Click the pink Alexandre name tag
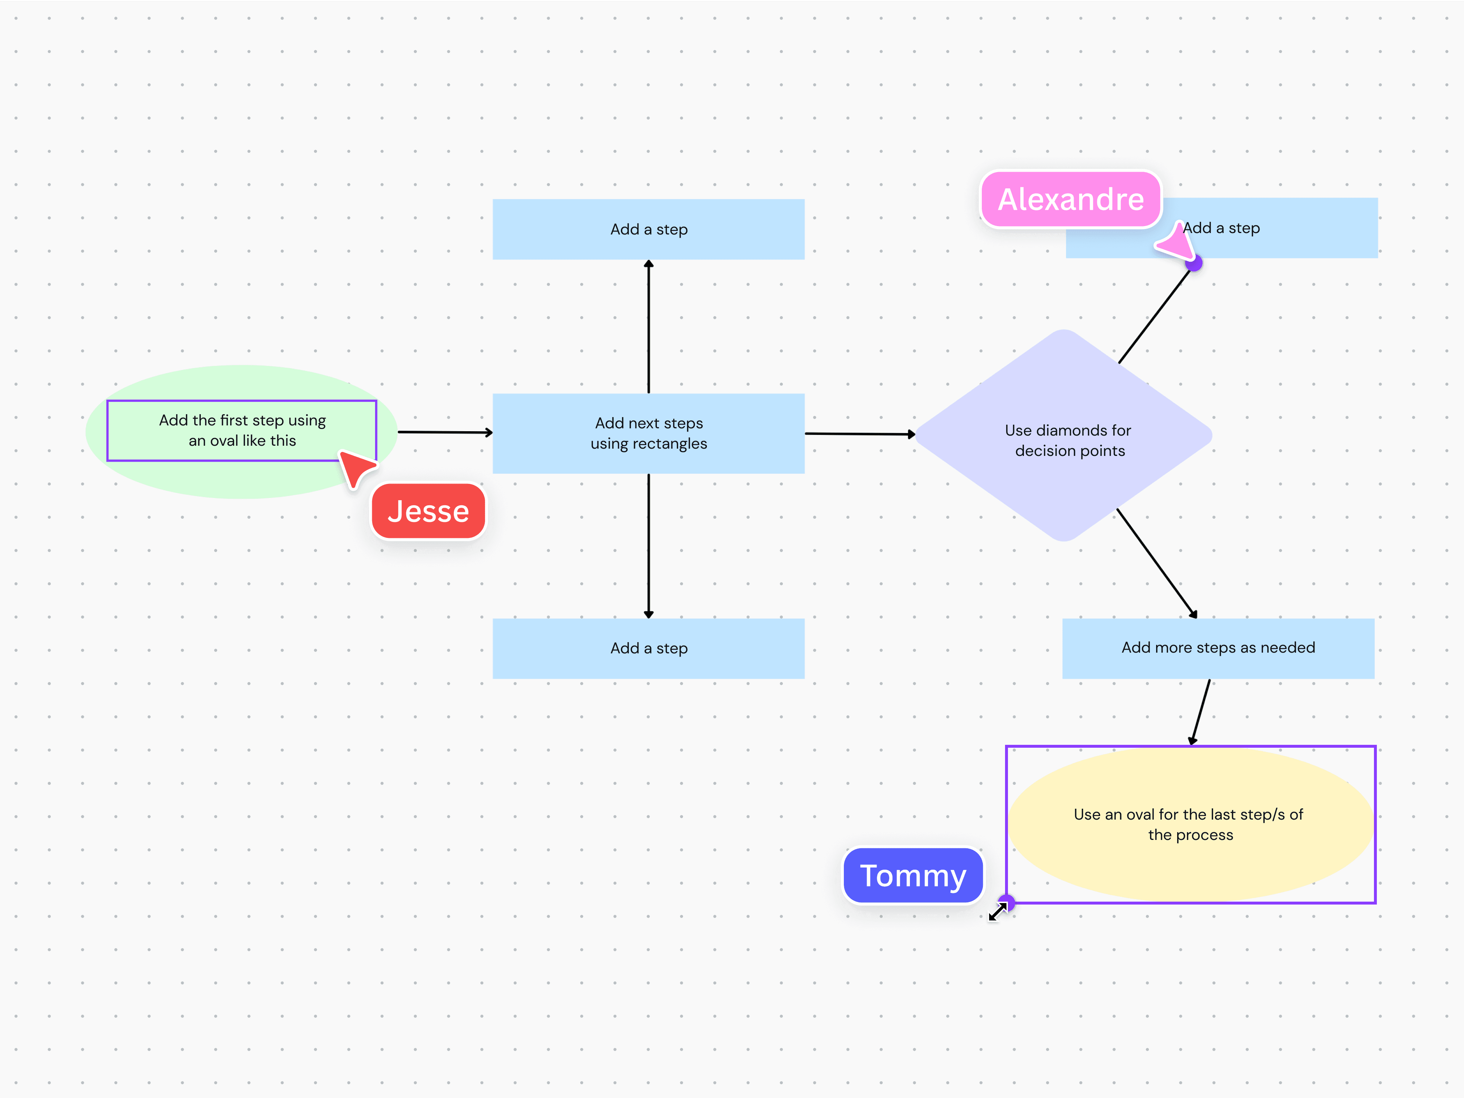1070,199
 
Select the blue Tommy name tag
913,876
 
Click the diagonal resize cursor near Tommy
997,912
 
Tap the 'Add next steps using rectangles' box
648,433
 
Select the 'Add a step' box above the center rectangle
648,229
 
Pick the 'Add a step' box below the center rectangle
648,648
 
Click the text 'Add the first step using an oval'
242,430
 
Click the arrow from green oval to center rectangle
445,433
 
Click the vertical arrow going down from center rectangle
648,546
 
